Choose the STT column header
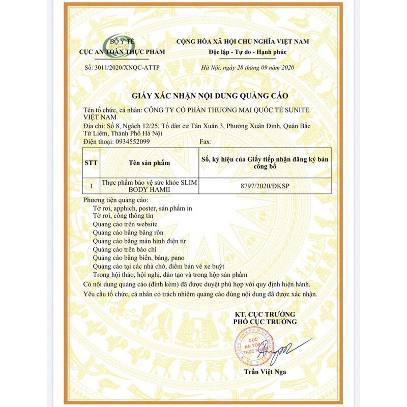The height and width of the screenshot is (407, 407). click(x=91, y=163)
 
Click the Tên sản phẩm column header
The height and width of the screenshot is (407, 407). click(x=149, y=163)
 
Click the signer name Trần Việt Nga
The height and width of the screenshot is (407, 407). click(x=265, y=372)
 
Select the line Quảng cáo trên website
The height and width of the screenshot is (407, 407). click(x=125, y=224)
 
